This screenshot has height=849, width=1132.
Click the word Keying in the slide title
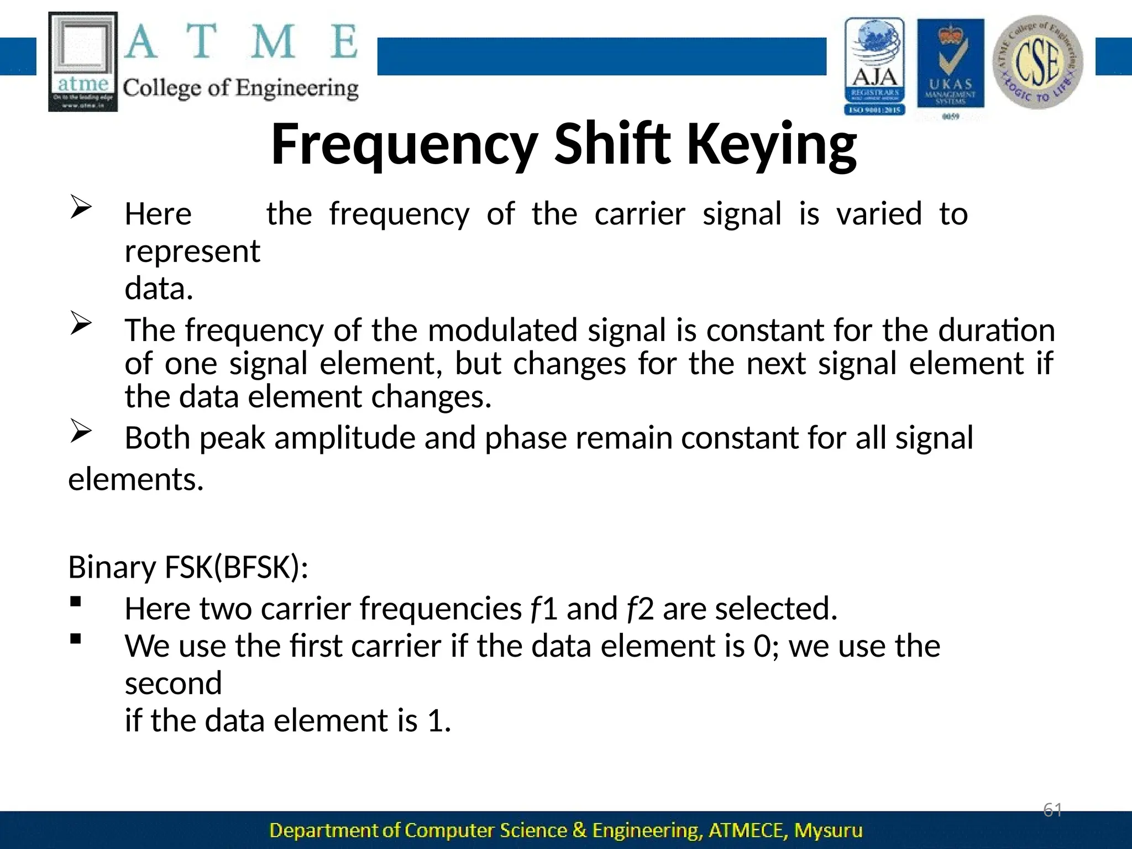772,145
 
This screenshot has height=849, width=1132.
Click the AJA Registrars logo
874,66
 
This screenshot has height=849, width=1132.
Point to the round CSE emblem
1037,62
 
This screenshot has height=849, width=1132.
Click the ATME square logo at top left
83,62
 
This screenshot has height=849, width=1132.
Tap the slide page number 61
1052,810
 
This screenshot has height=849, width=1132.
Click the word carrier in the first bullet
640,214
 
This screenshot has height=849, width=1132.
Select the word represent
192,251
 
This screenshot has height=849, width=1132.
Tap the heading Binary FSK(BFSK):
188,567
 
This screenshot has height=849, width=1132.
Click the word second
173,684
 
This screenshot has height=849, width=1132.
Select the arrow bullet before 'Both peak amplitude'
81,432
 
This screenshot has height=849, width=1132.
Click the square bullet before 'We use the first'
76,639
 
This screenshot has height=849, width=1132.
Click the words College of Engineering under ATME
240,88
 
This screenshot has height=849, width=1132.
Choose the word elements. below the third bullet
136,479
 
